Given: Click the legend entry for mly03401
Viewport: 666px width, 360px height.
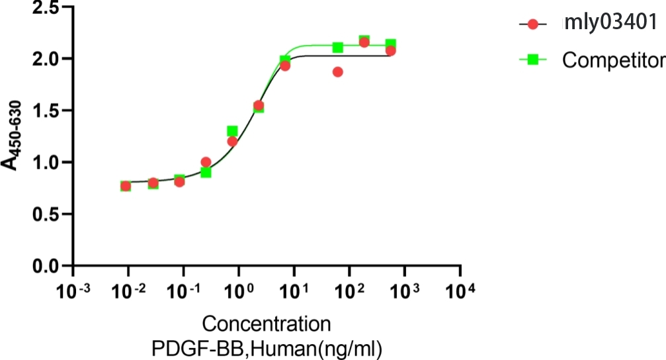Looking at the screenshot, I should (608, 24).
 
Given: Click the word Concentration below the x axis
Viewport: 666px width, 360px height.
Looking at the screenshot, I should (267, 325).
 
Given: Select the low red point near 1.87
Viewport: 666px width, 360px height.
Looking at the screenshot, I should (338, 71).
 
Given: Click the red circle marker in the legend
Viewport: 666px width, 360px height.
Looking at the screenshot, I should (533, 24).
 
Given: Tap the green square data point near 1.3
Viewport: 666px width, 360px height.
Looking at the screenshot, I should (232, 131).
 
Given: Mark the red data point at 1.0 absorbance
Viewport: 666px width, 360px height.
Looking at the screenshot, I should (206, 162).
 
